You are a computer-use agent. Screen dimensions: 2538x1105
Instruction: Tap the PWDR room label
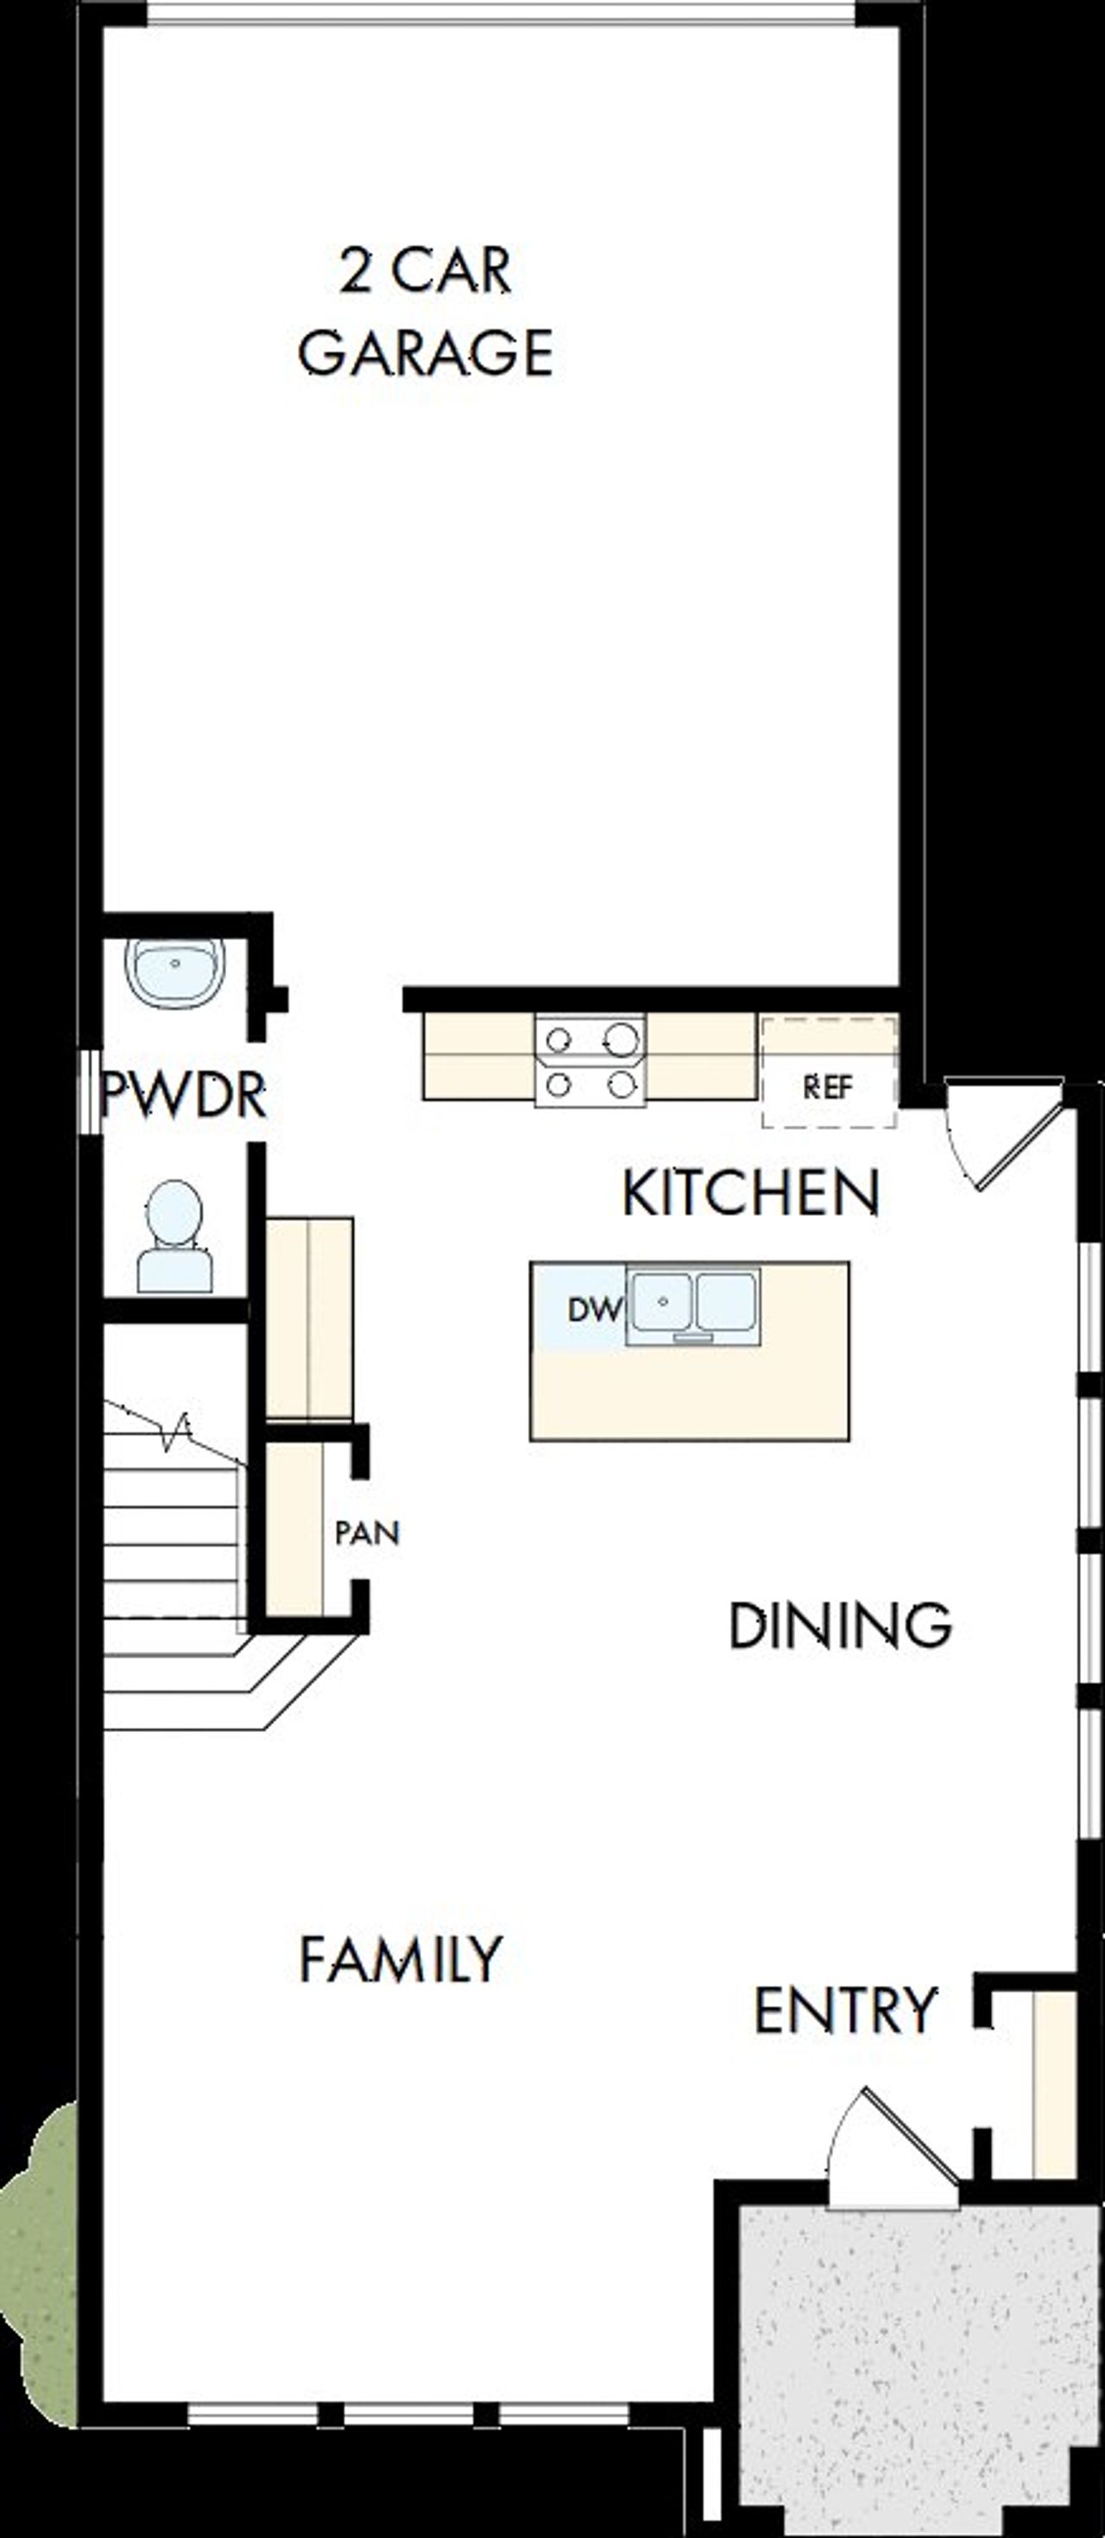[x=184, y=1095]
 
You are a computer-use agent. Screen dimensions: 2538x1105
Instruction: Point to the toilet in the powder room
[x=174, y=1238]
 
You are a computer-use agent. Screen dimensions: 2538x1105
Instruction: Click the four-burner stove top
[x=590, y=1061]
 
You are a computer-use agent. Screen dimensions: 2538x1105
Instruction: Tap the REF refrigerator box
[x=828, y=1088]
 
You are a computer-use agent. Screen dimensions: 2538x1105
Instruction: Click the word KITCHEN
[x=750, y=1193]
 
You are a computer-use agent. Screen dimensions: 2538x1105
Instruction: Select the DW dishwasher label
[x=594, y=1310]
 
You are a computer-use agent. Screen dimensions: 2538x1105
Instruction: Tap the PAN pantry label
[x=366, y=1533]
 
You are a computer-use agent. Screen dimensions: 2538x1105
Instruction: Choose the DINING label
[x=839, y=1627]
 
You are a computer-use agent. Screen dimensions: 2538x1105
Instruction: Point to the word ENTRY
[x=845, y=2010]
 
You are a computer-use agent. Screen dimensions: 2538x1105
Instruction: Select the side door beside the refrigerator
[x=1005, y=1133]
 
